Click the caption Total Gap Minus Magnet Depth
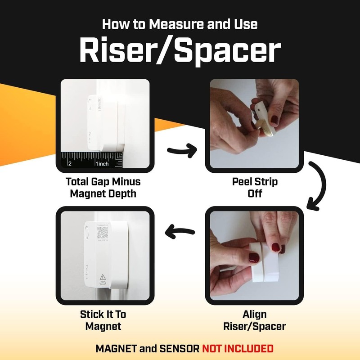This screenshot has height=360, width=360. pos(103,188)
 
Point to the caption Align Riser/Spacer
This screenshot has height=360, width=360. pos(254,320)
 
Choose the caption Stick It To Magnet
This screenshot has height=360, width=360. pos(103,320)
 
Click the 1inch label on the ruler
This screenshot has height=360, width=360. pos(102,164)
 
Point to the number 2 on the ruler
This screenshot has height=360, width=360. pos(70,164)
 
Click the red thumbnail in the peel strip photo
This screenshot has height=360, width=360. pos(275,120)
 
